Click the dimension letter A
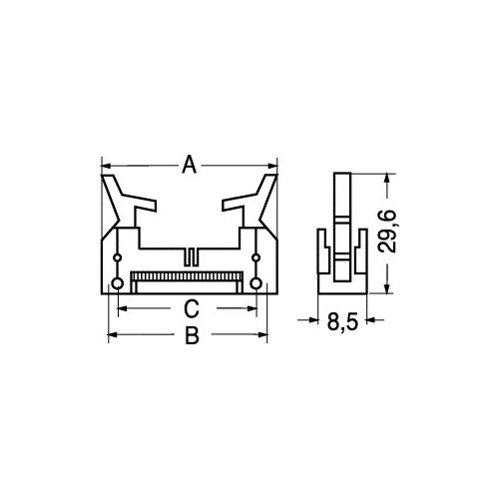(190, 164)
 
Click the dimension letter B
(192, 335)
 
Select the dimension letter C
(192, 308)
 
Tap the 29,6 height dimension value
(387, 232)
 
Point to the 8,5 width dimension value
(342, 321)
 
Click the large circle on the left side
(118, 283)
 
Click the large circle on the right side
(255, 283)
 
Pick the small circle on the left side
(118, 257)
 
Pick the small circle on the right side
(255, 257)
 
